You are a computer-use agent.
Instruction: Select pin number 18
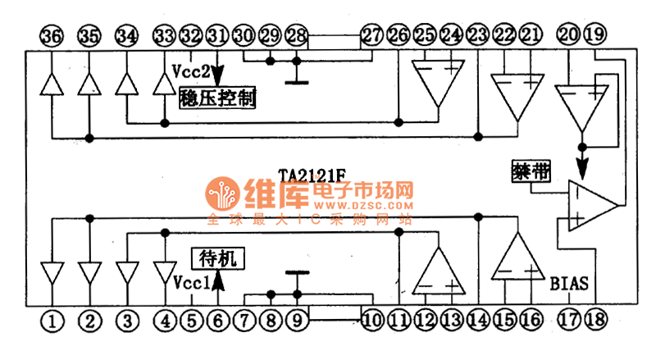pos(596,321)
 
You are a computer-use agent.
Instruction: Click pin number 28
pos(297,35)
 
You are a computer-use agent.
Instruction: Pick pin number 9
pos(297,321)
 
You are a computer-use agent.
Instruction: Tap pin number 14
pos(477,321)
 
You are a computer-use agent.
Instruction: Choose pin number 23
pos(477,35)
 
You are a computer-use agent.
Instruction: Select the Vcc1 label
pos(189,280)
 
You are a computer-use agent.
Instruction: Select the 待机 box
pos(218,258)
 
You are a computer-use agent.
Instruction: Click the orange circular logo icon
pos(222,194)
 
